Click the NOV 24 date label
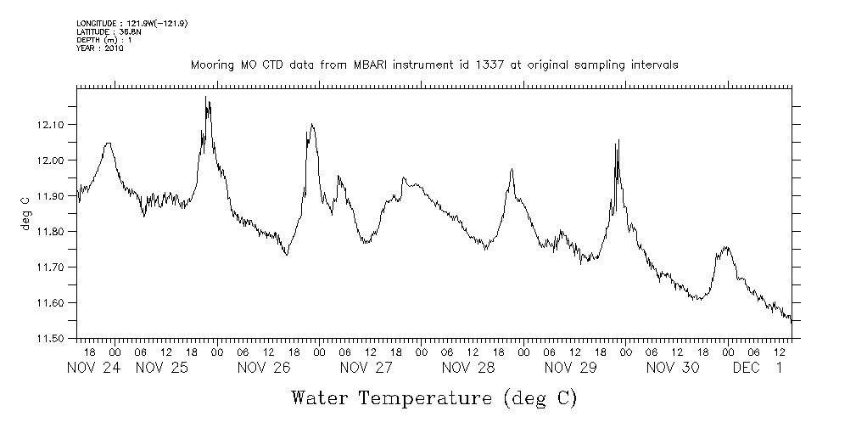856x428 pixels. pyautogui.click(x=93, y=368)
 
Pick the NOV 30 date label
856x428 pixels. pyautogui.click(x=673, y=368)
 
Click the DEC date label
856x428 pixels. pyautogui.click(x=747, y=368)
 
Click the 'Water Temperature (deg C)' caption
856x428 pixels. pyautogui.click(x=434, y=397)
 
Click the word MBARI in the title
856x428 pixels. pyautogui.click(x=386, y=65)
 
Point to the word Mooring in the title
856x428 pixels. pyautogui.click(x=209, y=65)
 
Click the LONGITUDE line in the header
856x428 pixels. pyautogui.click(x=131, y=24)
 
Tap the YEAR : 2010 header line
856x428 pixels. pyautogui.click(x=100, y=49)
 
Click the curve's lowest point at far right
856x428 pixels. pyautogui.click(x=791, y=322)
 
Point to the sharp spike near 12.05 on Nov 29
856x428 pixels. pyautogui.click(x=618, y=140)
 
